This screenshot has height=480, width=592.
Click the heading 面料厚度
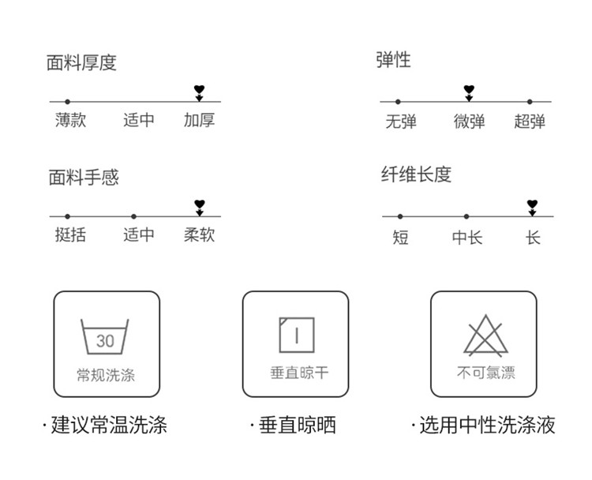point(81,62)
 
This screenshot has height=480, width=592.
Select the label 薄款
point(70,120)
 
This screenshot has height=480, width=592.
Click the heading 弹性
point(393,60)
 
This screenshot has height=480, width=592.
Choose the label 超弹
point(530,122)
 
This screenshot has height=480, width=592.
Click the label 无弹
point(401,122)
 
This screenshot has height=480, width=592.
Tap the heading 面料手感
point(84,177)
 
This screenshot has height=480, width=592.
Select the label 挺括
point(70,234)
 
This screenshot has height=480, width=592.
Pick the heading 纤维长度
point(417,174)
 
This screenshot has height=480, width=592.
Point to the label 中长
point(467,238)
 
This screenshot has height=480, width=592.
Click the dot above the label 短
point(400,216)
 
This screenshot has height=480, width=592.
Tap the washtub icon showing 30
point(105,336)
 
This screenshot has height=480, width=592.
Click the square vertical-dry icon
point(297,335)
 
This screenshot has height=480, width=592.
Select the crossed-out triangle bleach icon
point(486,336)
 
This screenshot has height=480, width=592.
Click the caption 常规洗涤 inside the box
point(106,375)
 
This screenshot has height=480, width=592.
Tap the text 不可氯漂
point(486,373)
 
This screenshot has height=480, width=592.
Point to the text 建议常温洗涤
point(109,425)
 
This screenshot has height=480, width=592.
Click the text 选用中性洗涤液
point(488,425)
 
